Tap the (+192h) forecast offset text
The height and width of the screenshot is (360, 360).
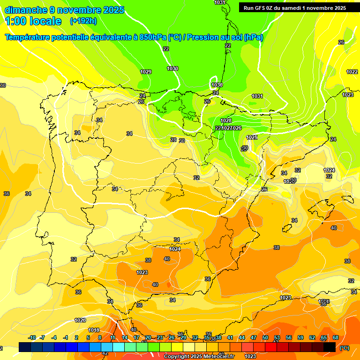83,21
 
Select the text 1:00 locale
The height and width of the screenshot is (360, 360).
33,21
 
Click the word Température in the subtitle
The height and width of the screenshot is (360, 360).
28,37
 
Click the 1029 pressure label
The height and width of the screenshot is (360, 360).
146,72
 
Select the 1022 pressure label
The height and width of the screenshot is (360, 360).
352,72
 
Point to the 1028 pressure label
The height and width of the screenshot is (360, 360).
226,120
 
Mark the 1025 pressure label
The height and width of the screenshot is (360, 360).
252,137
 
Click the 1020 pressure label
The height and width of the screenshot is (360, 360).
80,320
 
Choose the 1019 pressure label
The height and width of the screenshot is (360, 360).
94,330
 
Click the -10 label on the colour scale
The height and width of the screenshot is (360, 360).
32,338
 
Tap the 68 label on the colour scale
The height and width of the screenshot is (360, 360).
336,338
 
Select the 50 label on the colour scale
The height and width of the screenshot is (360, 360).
265,338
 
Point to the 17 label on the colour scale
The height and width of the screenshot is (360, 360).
136,338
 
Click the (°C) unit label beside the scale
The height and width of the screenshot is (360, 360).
345,348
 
